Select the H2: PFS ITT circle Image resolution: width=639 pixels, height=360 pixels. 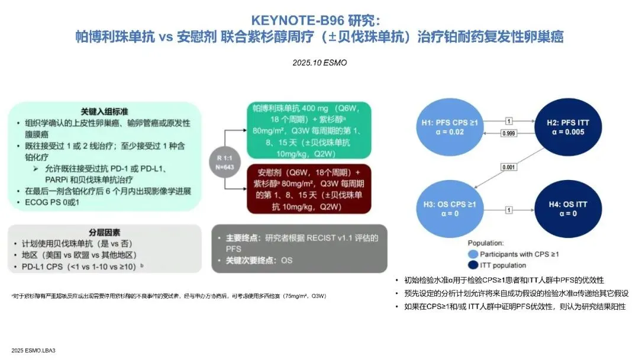(566, 127)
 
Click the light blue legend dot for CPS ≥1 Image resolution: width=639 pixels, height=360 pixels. (473, 254)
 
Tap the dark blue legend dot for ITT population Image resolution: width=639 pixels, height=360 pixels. (473, 265)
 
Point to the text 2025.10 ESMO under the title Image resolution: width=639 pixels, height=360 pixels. (319, 62)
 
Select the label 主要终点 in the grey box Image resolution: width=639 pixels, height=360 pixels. (242, 237)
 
